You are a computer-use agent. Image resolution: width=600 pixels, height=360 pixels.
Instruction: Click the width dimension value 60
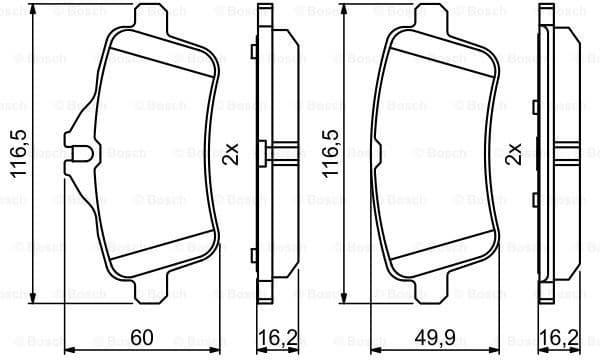click(142, 337)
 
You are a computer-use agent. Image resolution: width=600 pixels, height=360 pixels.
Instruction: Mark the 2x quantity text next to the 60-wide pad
click(231, 155)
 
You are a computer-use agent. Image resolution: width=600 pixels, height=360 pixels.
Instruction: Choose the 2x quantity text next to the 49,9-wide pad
click(514, 155)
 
